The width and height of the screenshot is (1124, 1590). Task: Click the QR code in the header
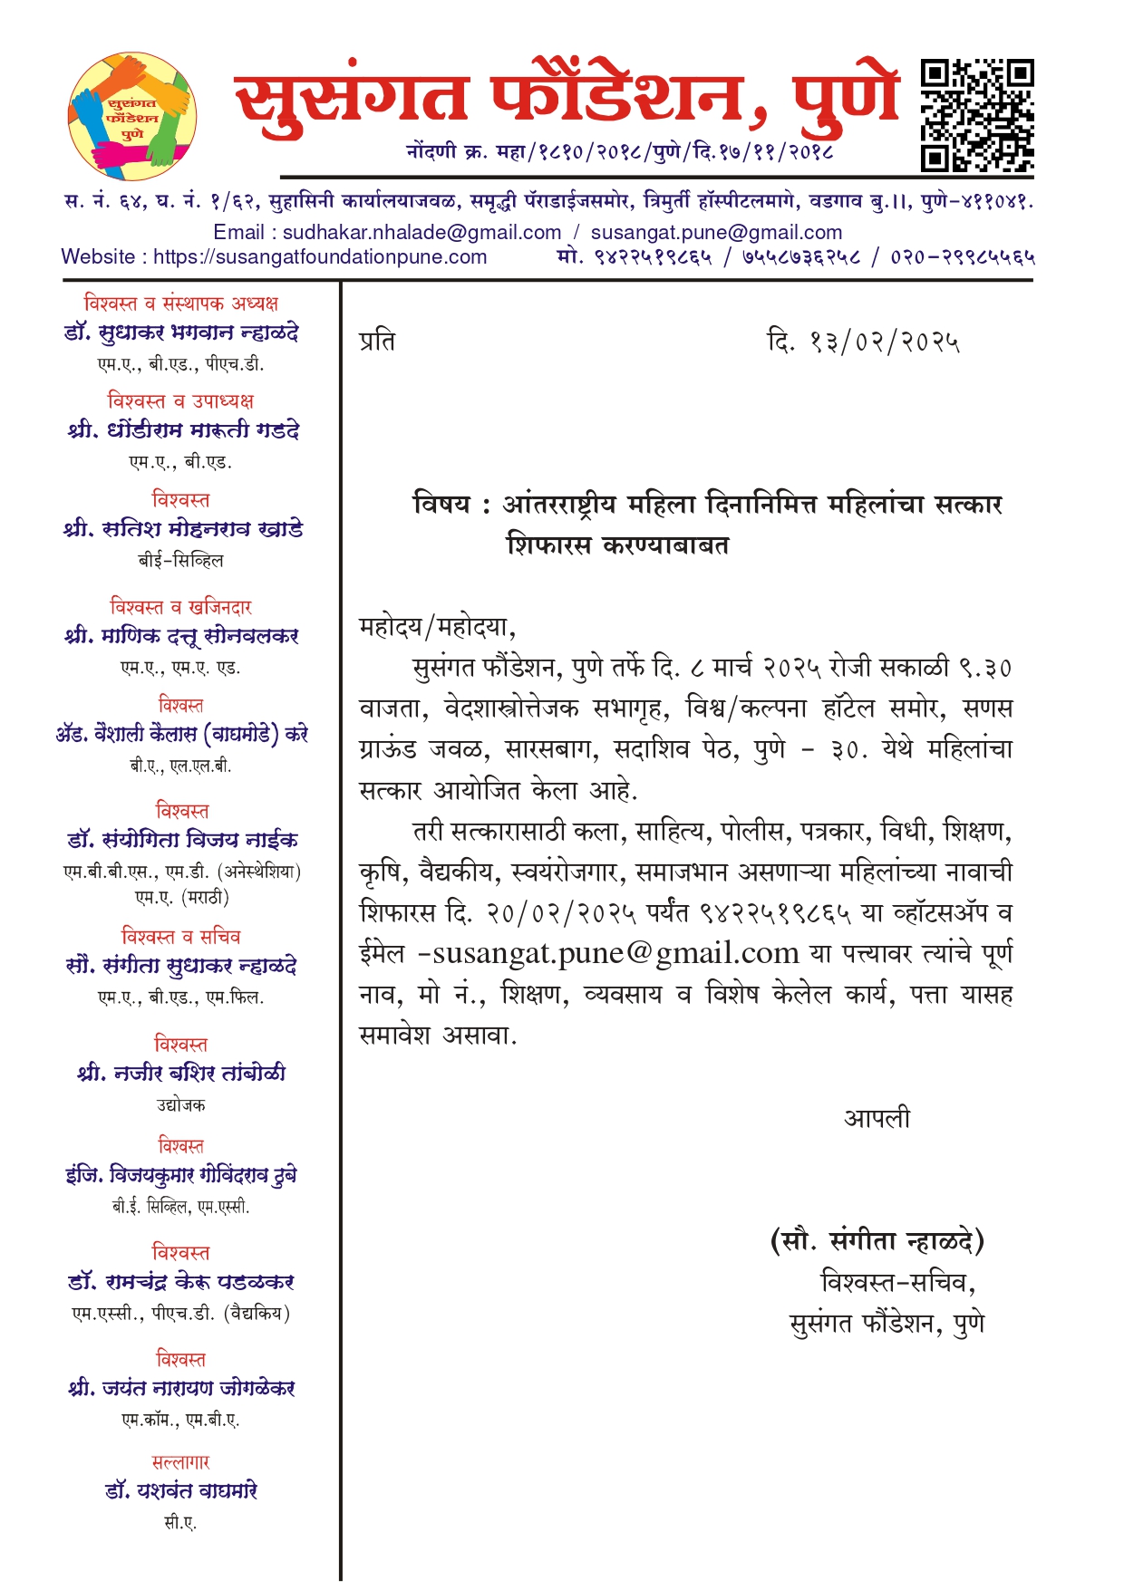[977, 115]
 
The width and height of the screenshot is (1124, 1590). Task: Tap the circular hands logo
[132, 116]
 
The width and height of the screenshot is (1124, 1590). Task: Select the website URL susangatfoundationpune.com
[320, 257]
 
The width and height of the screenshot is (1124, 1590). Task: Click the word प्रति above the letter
[377, 342]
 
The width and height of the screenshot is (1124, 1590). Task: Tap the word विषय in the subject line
[441, 504]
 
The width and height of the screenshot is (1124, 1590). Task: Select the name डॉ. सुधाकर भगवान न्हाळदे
[181, 332]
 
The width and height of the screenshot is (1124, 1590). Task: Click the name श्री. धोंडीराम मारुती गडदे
[182, 430]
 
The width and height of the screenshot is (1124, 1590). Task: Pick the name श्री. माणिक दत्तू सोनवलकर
[181, 636]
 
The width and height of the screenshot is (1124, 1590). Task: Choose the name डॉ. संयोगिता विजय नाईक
[182, 841]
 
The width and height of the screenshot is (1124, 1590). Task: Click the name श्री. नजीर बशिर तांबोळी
[181, 1074]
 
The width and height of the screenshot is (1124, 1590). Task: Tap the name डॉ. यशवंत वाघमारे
[181, 1490]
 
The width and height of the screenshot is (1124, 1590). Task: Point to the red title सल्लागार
[181, 1462]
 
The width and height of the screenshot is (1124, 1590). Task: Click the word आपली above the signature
[877, 1119]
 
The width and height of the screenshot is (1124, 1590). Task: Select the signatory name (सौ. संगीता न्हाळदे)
[877, 1241]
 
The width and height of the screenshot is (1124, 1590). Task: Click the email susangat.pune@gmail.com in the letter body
[615, 954]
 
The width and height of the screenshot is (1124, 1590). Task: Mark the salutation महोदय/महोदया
[437, 627]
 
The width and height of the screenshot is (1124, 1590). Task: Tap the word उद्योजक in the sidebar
[181, 1105]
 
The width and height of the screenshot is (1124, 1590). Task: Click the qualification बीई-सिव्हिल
[181, 561]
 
